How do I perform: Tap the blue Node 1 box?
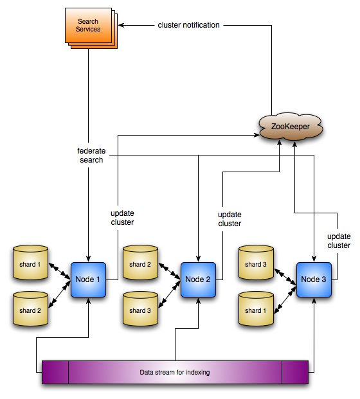[x=87, y=279]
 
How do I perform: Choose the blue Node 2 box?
[x=197, y=279]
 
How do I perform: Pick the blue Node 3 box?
[x=314, y=279]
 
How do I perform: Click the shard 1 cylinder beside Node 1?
[x=31, y=263]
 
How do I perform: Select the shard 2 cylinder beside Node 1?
[x=31, y=310]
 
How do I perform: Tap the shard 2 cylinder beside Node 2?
[x=141, y=263]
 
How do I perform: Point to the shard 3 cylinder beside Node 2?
[x=141, y=310]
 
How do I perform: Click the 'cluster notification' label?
[x=189, y=24]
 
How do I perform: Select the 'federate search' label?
[x=87, y=155]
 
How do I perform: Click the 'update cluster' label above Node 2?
[x=230, y=218]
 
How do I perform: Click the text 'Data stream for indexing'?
[x=174, y=373]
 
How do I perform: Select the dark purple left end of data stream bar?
[x=55, y=373]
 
